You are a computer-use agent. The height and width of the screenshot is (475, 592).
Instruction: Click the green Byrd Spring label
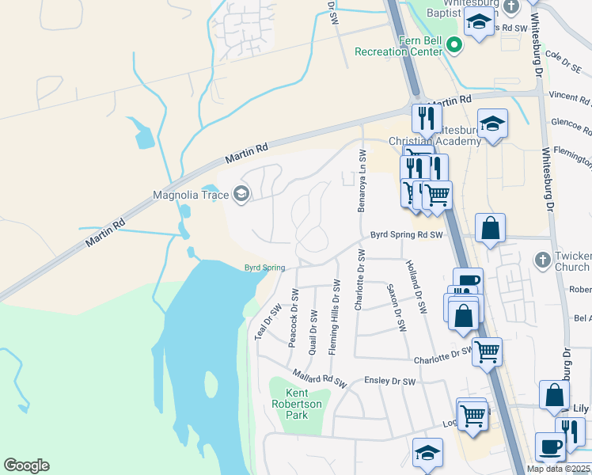[x=264, y=268]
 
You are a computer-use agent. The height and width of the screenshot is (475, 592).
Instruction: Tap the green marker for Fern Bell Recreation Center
[x=454, y=45]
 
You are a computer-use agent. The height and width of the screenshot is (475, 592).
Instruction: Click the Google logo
[x=26, y=465]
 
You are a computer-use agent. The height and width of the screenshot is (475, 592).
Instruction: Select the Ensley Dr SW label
[x=389, y=381]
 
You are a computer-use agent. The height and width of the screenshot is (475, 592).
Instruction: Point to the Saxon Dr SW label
[x=396, y=308]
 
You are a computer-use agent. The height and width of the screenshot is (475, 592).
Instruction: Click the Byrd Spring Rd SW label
[x=405, y=235]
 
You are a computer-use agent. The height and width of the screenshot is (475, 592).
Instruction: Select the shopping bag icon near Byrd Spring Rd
[x=491, y=228]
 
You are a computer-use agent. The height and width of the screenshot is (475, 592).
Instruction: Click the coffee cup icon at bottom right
[x=550, y=446]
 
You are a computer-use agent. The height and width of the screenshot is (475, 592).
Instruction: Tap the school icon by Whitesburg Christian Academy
[x=492, y=123]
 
